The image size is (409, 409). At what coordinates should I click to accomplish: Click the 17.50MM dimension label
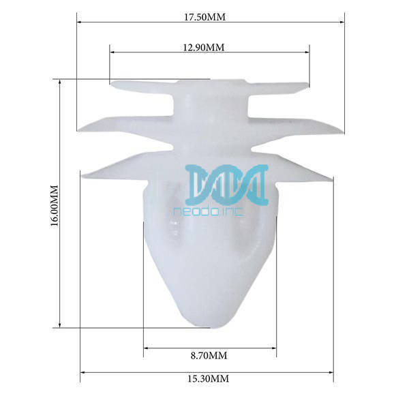(204, 17)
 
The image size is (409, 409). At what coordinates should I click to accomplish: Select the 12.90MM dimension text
(204, 48)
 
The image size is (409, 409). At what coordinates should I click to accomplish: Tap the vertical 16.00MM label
(55, 206)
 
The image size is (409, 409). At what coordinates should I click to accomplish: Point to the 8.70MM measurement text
(209, 356)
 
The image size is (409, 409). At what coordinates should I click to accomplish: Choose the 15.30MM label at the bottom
(209, 378)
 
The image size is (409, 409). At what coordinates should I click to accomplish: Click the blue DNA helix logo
(226, 185)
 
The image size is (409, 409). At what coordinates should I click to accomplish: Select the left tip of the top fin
(112, 85)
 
